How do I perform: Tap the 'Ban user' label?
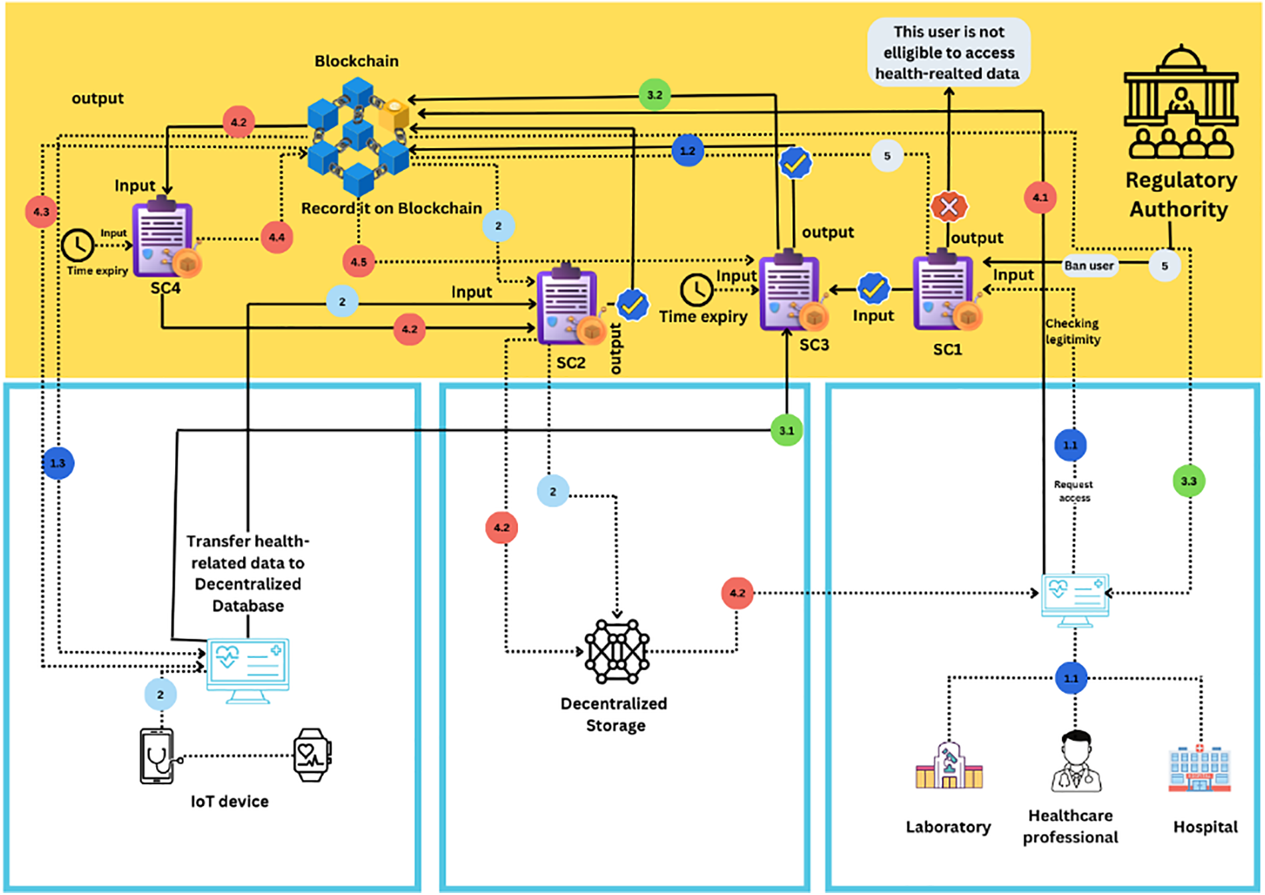click(x=1089, y=266)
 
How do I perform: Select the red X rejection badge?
click(x=949, y=206)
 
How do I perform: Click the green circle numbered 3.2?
click(x=655, y=95)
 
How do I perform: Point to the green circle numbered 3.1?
click(x=786, y=430)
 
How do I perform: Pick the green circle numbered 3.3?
click(x=1189, y=481)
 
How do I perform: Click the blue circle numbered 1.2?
click(x=687, y=151)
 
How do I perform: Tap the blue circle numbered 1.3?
click(x=58, y=463)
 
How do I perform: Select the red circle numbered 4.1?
click(x=1040, y=197)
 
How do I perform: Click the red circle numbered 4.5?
click(x=359, y=262)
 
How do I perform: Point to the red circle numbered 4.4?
click(x=277, y=237)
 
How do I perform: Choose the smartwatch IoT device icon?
click(x=312, y=756)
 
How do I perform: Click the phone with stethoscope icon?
click(x=157, y=756)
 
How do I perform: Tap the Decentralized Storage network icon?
click(x=617, y=651)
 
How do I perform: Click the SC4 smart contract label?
click(x=165, y=288)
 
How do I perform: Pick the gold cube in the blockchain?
click(x=394, y=114)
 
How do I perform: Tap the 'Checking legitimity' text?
click(x=1072, y=331)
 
